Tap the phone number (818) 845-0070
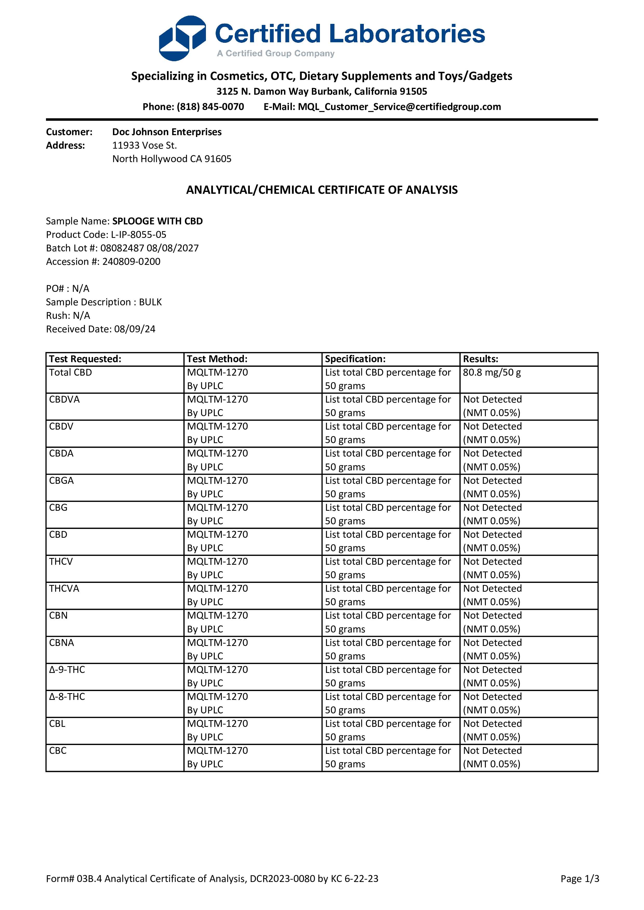click(210, 107)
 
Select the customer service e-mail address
click(399, 107)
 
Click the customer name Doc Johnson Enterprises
click(167, 132)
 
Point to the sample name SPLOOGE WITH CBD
click(158, 221)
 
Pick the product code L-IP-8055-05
click(138, 235)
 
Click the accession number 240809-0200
click(131, 261)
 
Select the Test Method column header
click(217, 359)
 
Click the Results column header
click(480, 359)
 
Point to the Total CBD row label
click(71, 373)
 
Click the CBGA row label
click(62, 481)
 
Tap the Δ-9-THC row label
click(67, 670)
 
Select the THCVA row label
click(64, 589)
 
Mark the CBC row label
click(58, 751)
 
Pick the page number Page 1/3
click(579, 879)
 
